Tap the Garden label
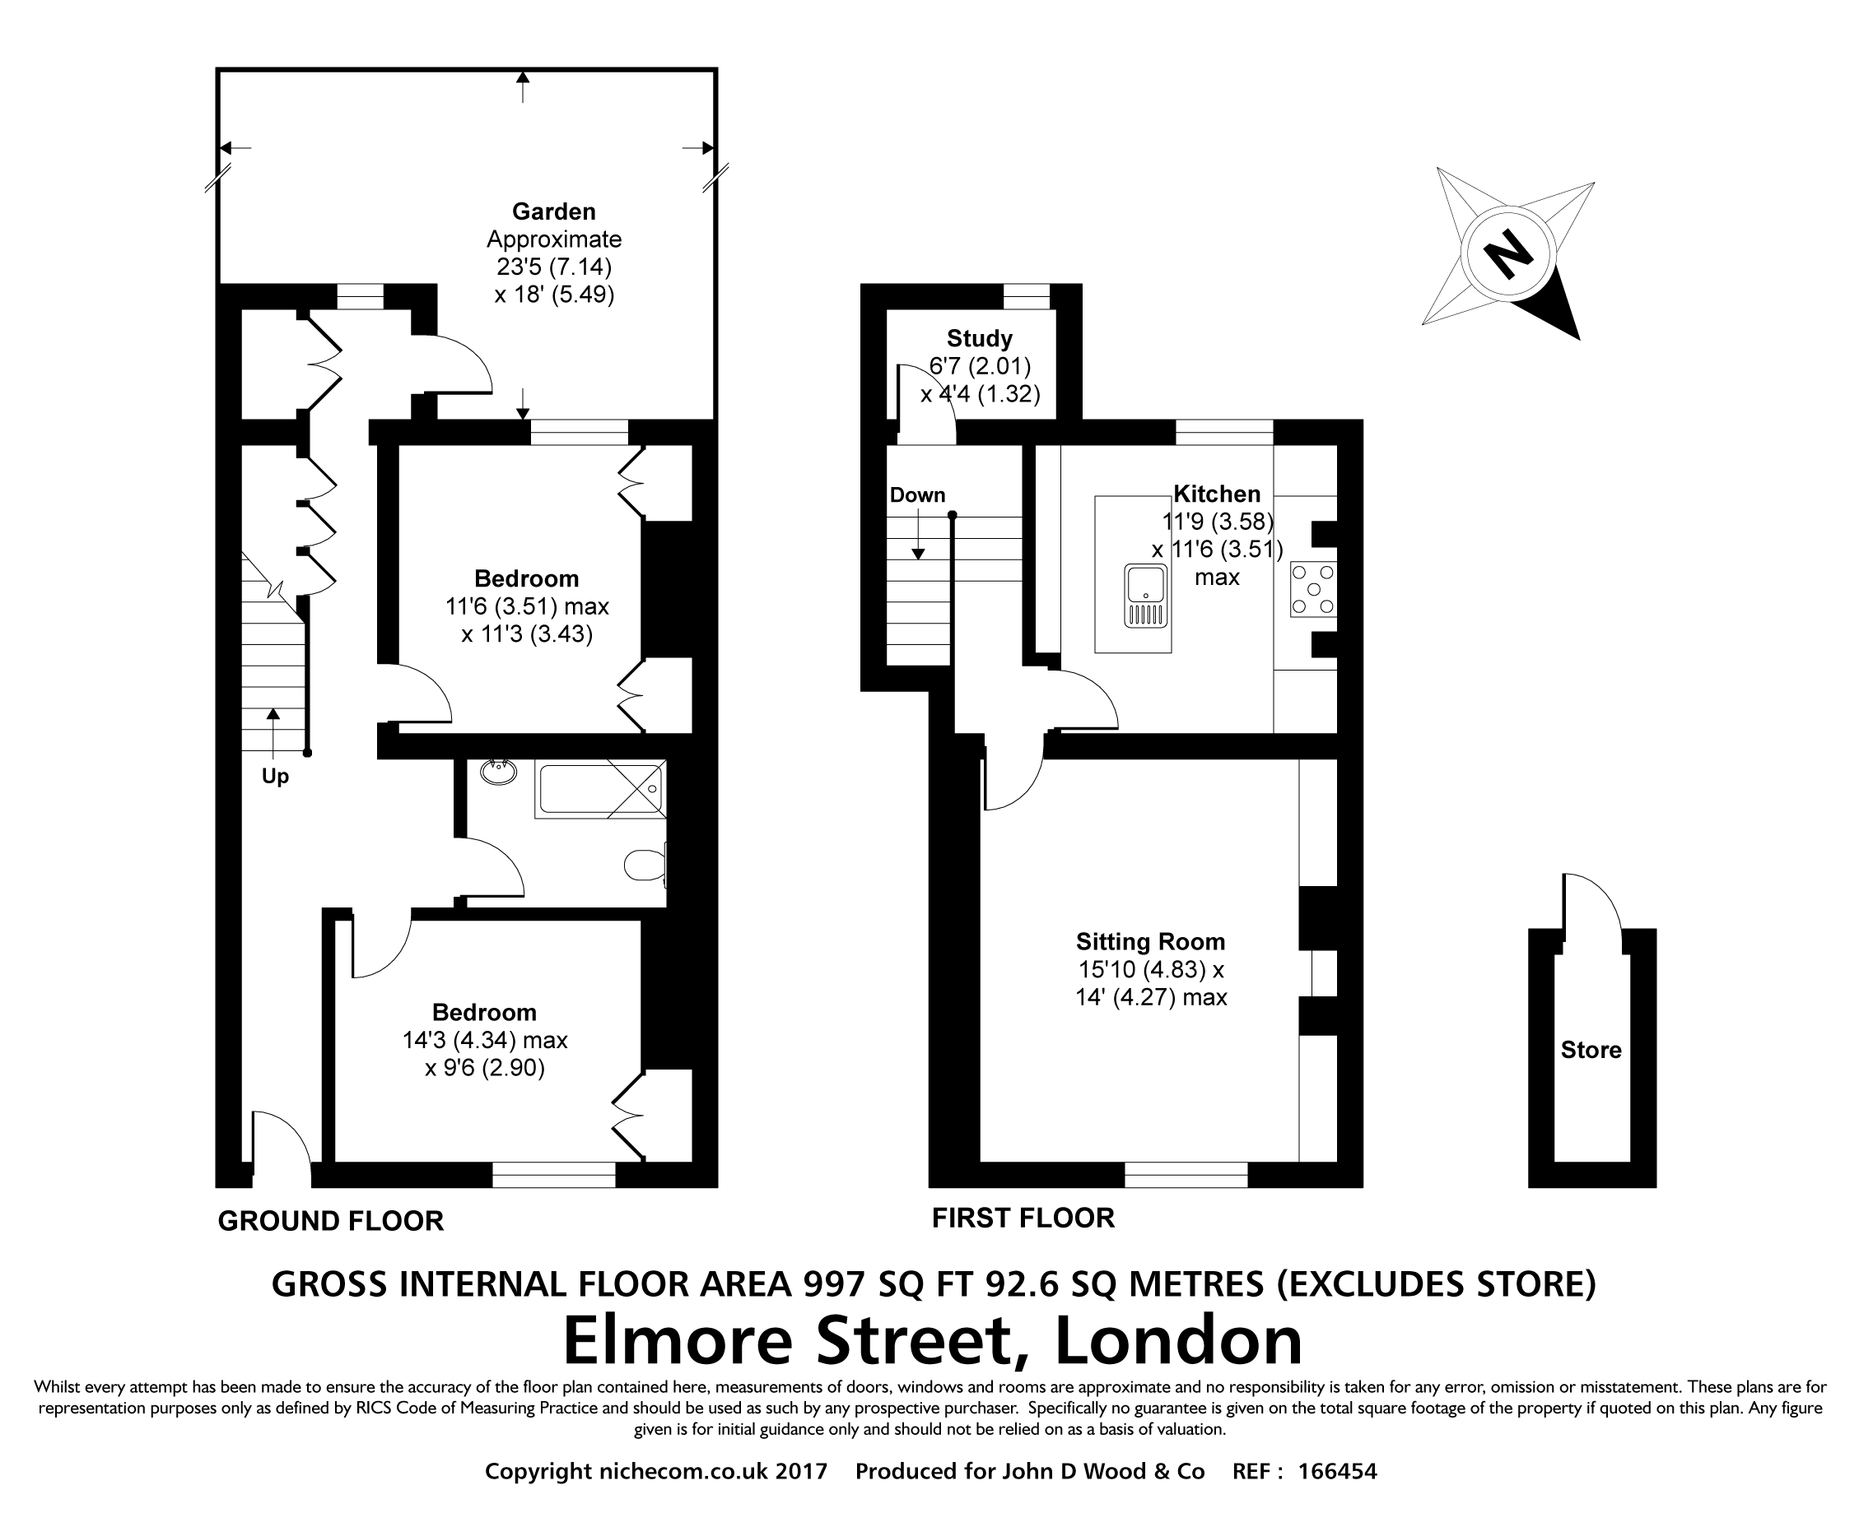tap(554, 211)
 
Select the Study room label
tap(979, 338)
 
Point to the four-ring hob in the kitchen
tap(1313, 589)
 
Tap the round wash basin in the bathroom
tap(499, 772)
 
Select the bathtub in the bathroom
tap(600, 788)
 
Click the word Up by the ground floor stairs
tap(276, 777)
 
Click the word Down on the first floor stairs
tap(917, 495)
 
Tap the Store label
tap(1591, 1050)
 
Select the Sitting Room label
tap(1150, 941)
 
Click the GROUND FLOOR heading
tap(330, 1221)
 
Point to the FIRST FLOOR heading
tap(1023, 1218)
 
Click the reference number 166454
tap(1337, 1472)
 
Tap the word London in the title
tap(1178, 1339)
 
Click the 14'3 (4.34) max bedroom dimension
tap(484, 1040)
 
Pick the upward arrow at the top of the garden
tap(522, 87)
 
